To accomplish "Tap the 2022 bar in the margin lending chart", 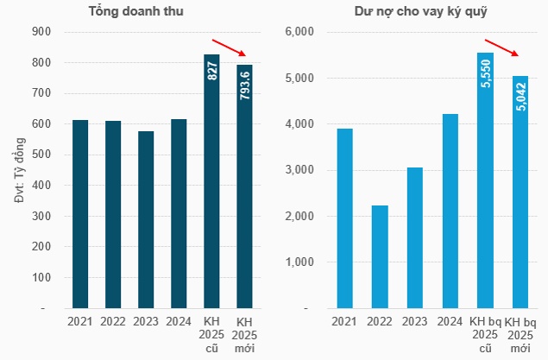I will [380, 256].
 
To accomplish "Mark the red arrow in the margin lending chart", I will [505, 50].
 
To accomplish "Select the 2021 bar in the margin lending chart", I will [344, 218].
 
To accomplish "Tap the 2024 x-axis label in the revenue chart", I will [179, 322].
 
